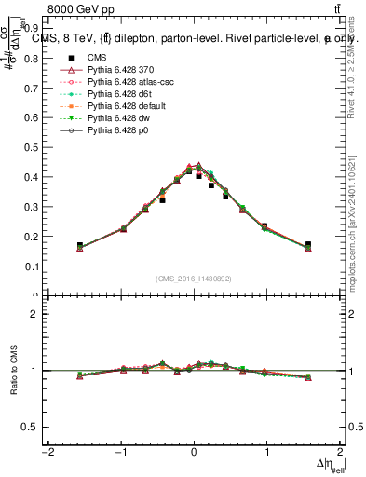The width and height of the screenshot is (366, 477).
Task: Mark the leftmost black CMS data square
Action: [x=80, y=246]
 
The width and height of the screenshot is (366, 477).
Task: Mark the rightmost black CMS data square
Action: [x=308, y=245]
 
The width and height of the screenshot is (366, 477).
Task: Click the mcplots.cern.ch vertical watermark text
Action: [x=355, y=224]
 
